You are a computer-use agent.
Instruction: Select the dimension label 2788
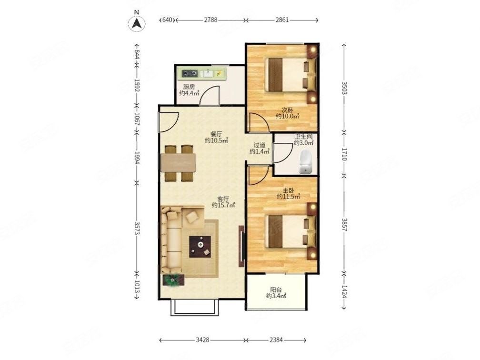210,20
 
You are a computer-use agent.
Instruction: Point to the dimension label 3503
344,89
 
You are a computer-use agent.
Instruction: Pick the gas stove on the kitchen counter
190,73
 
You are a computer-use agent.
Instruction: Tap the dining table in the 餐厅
178,163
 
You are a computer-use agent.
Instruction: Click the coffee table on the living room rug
200,247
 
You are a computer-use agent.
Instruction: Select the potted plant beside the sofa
173,280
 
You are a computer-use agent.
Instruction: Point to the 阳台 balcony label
276,290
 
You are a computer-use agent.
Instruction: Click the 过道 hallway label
259,145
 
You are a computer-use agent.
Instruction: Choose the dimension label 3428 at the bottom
202,340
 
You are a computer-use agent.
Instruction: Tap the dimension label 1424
344,292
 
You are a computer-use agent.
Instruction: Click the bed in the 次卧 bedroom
288,75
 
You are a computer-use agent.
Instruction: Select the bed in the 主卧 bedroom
288,231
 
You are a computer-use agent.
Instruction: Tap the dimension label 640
167,20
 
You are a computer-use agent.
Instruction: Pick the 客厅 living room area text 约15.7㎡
223,205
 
